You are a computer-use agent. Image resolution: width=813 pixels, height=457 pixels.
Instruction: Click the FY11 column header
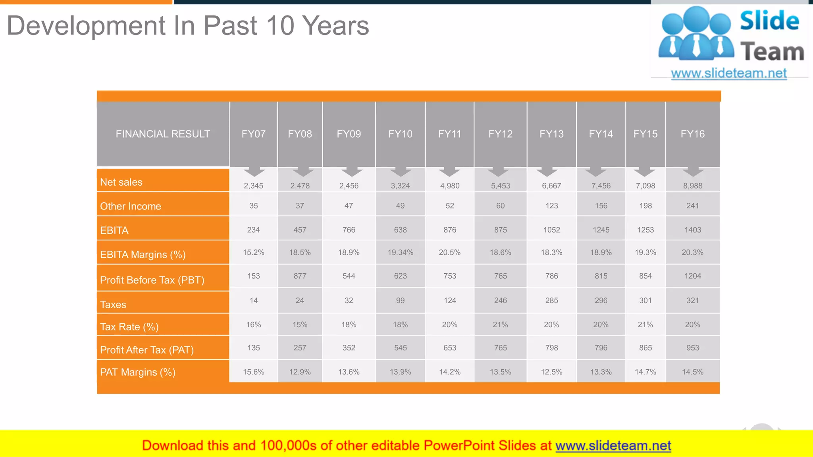(449, 134)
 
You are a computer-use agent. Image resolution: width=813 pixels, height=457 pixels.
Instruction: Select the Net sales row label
(121, 182)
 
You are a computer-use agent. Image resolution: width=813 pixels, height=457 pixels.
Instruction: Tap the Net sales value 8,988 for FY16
(692, 186)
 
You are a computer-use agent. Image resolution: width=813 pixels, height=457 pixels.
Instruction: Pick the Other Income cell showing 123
(551, 206)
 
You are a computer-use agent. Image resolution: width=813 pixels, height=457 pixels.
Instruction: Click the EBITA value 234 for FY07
(253, 230)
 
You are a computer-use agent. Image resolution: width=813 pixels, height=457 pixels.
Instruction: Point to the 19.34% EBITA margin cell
(400, 253)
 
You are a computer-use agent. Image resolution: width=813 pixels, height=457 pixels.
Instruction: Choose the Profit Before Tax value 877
(300, 276)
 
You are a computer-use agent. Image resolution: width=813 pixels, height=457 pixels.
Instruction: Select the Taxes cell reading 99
(400, 301)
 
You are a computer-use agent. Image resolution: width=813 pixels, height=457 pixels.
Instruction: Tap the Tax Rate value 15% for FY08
(300, 325)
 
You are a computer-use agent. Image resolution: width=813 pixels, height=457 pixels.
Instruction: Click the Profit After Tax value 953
(692, 348)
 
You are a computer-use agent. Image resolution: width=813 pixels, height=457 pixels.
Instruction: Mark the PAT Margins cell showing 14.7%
(645, 372)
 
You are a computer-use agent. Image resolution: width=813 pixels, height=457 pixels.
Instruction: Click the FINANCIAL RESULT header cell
(163, 134)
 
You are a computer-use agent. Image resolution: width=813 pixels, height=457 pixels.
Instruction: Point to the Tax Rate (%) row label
(129, 327)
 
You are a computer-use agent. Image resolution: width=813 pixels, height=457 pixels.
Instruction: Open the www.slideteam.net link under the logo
(728, 73)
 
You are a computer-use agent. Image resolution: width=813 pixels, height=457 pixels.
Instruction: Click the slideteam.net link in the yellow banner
(613, 446)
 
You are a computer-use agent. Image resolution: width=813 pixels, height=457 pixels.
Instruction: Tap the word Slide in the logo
(769, 21)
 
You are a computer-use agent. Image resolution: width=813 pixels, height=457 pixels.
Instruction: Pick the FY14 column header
(601, 134)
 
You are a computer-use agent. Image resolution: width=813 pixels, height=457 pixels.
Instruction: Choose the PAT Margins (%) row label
(138, 372)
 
